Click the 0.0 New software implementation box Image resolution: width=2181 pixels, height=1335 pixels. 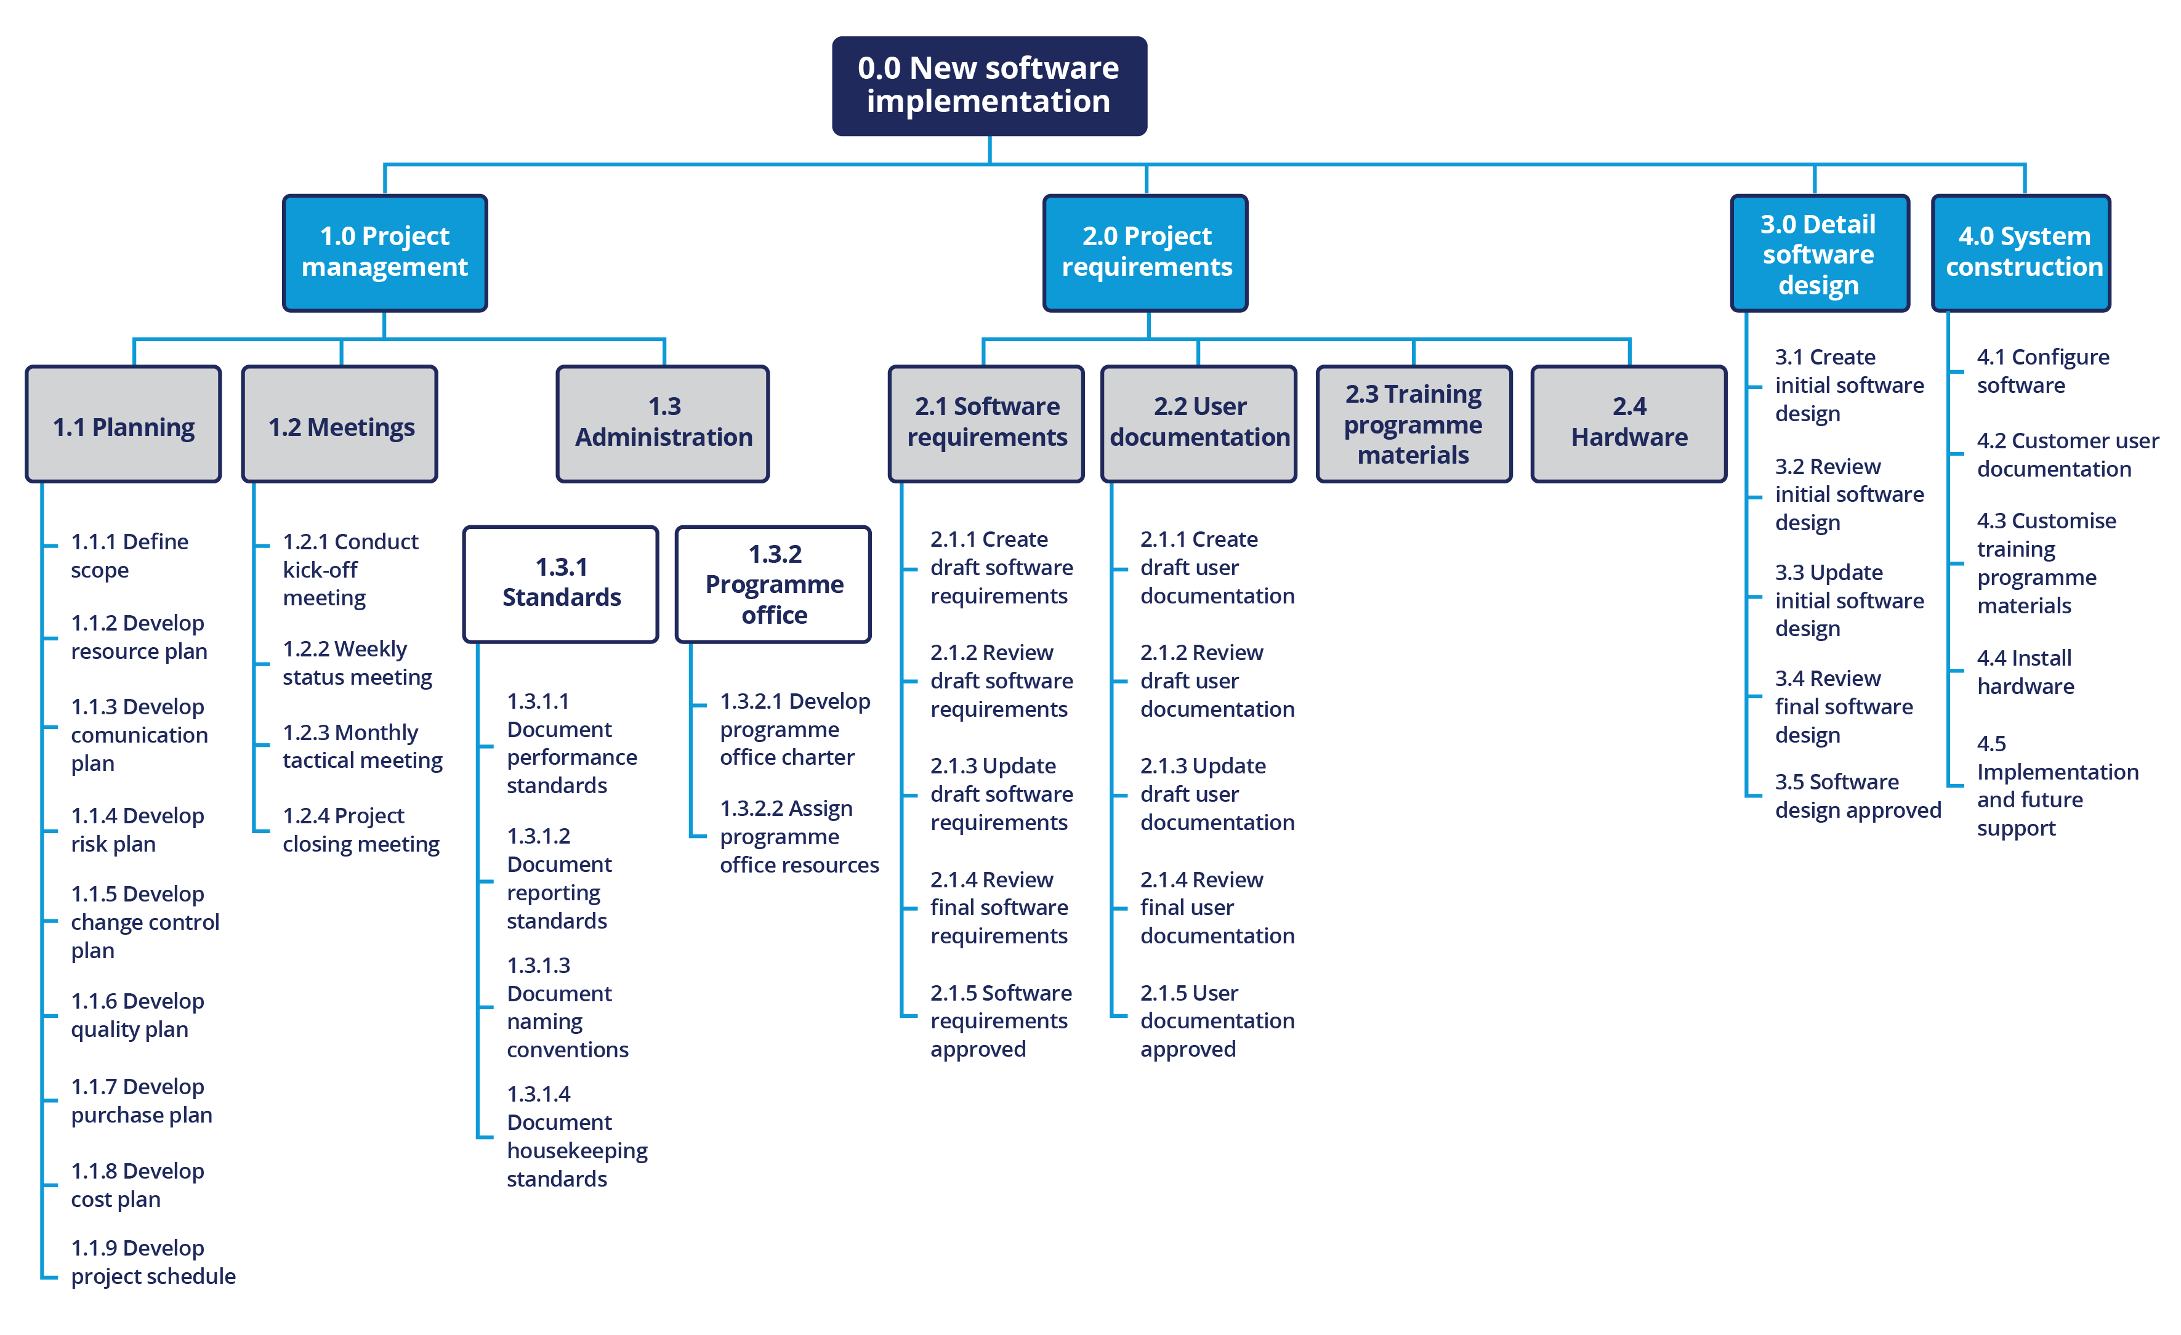[x=989, y=86]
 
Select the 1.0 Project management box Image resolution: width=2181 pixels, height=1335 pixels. [x=384, y=252]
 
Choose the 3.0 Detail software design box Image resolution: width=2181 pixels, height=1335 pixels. [x=1819, y=253]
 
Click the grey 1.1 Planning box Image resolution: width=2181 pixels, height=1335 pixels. [x=123, y=425]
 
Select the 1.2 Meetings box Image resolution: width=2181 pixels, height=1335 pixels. [x=340, y=425]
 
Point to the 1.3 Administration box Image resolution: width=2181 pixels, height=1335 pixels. [x=663, y=423]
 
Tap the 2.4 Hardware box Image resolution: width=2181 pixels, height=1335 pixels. [x=1629, y=423]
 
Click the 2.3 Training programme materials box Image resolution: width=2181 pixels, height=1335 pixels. [x=1414, y=423]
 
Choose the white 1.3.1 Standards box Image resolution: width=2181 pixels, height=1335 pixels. [x=561, y=583]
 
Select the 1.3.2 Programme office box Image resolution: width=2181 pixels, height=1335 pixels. [x=773, y=583]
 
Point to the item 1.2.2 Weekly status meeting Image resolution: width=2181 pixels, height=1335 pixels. [x=357, y=663]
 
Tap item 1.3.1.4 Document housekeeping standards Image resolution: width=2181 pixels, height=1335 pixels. [x=575, y=1137]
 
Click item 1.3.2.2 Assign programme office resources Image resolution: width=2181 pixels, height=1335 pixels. [x=797, y=837]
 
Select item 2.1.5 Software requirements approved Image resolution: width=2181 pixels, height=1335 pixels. [x=999, y=1021]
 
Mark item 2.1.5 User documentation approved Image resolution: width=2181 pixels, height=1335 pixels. [x=1215, y=1021]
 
